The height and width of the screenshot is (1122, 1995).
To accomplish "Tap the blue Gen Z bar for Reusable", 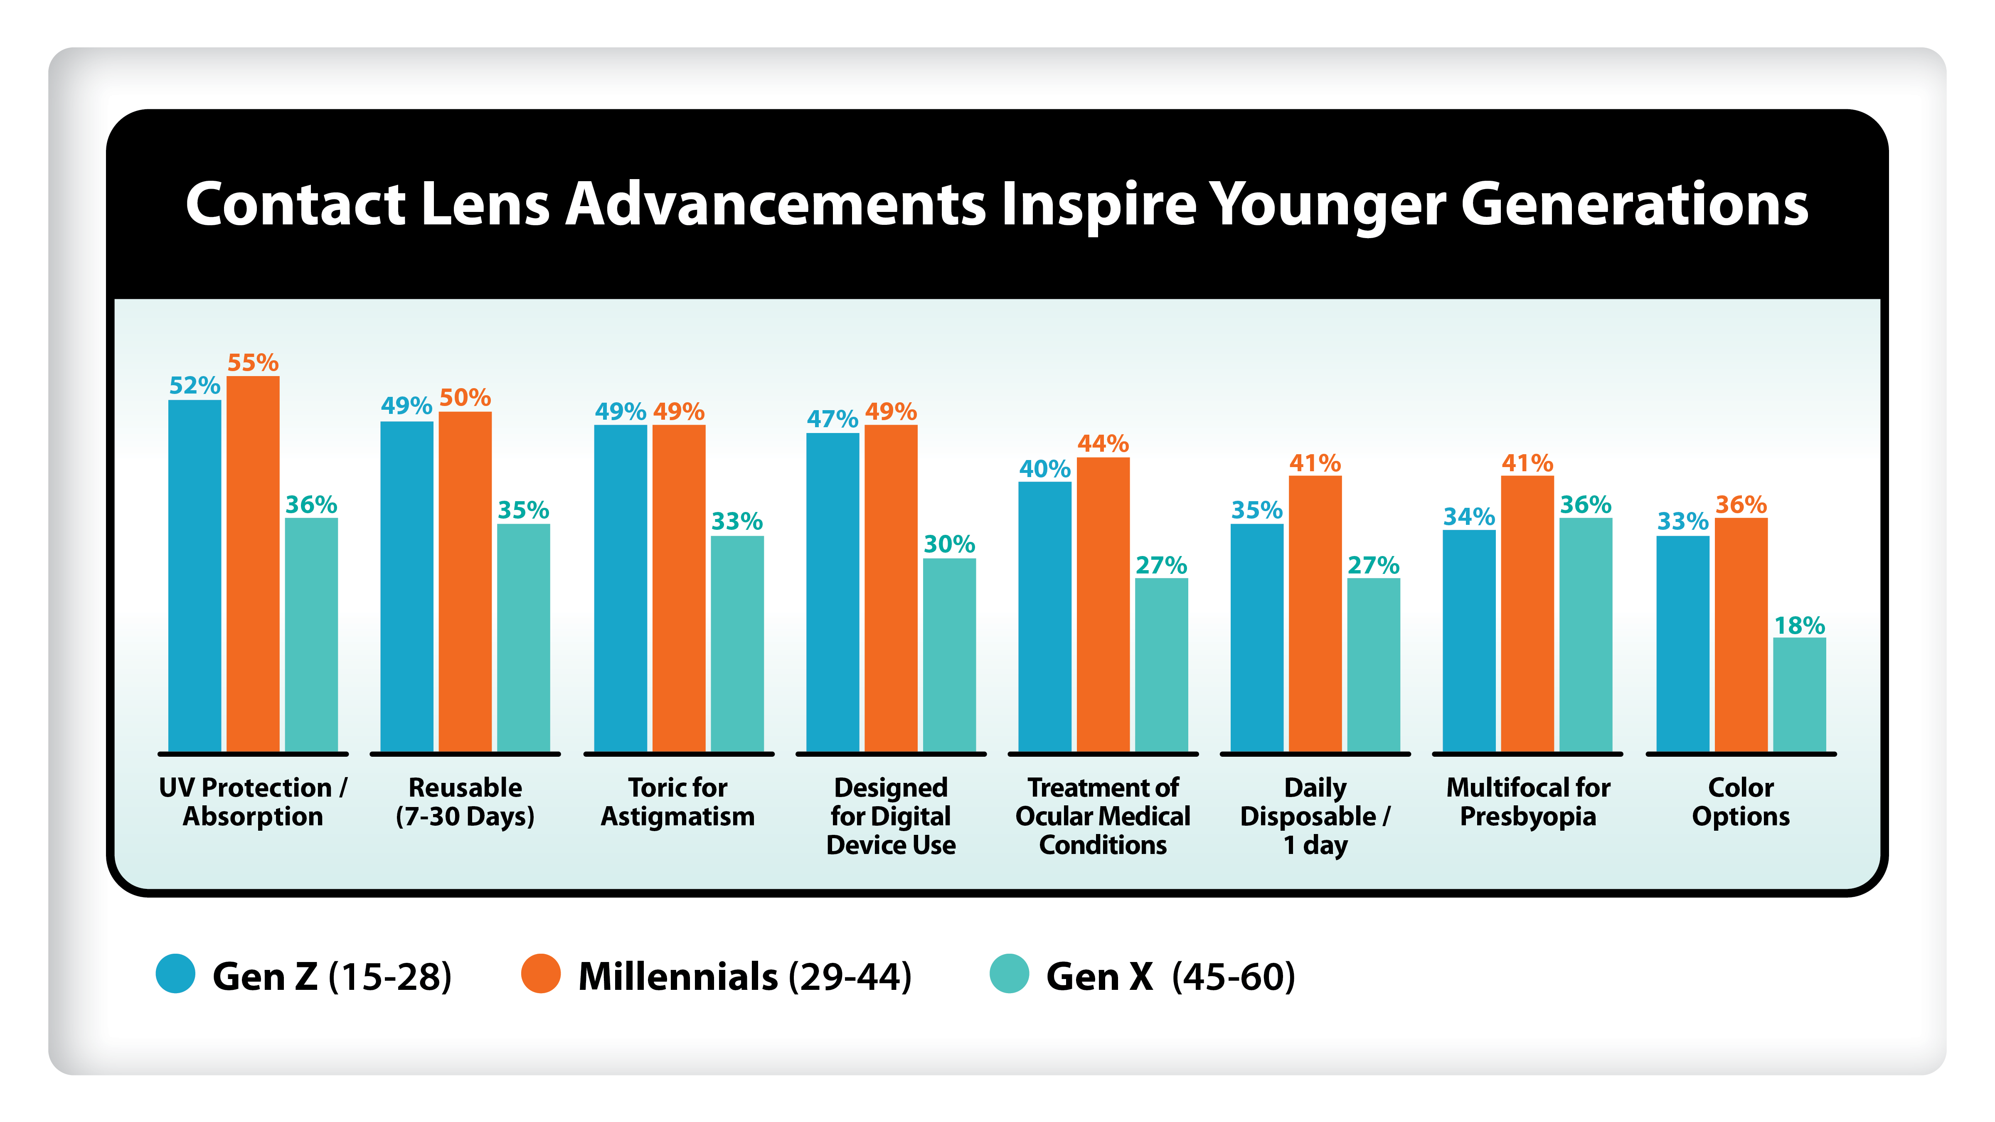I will [406, 586].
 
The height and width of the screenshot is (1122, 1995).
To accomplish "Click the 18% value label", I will [1799, 625].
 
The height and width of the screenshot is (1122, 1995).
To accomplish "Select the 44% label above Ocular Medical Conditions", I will [1103, 444].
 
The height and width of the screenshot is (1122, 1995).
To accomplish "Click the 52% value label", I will [195, 385].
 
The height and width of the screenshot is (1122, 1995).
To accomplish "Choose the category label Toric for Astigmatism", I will [677, 802].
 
